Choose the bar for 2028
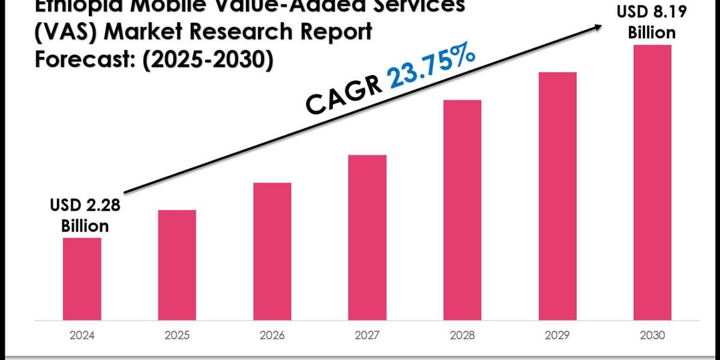tap(462, 209)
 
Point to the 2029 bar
tap(557, 196)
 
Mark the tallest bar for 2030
tap(652, 182)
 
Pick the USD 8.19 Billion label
tap(652, 23)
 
